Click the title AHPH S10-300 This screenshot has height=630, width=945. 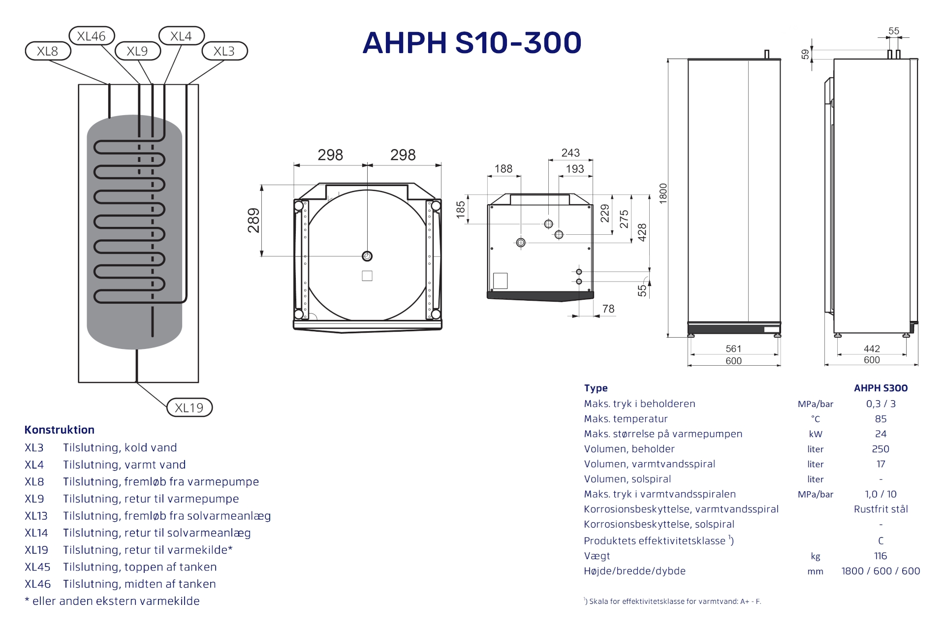(472, 42)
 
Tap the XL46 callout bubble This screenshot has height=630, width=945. (92, 36)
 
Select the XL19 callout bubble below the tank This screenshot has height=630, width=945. (189, 408)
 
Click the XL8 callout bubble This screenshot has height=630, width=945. (48, 51)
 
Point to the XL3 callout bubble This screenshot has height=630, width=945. (224, 51)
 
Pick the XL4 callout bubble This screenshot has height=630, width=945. (181, 36)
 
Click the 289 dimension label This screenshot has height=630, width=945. (253, 220)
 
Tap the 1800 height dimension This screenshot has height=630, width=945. (663, 193)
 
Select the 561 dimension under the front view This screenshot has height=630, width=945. (733, 348)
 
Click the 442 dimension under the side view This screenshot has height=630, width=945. (872, 348)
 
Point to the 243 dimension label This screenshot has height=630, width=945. (570, 153)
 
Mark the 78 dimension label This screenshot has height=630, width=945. (608, 309)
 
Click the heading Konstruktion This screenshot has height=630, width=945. (60, 430)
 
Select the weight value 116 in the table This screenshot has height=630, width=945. (881, 556)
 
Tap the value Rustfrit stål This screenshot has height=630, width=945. (881, 509)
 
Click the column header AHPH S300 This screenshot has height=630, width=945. (881, 388)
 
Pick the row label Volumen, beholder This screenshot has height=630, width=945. (629, 449)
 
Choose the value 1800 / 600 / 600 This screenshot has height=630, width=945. (881, 571)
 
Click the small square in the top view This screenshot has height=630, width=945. (367, 276)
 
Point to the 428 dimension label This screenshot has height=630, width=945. (642, 232)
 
